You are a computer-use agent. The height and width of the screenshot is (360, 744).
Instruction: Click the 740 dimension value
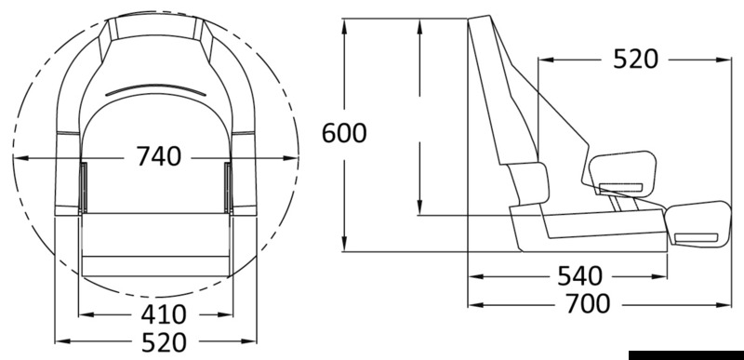(x=157, y=158)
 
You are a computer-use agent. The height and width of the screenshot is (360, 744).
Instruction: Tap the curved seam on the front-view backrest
(x=155, y=89)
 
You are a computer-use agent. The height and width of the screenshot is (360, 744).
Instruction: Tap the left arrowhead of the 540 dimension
(x=472, y=276)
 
